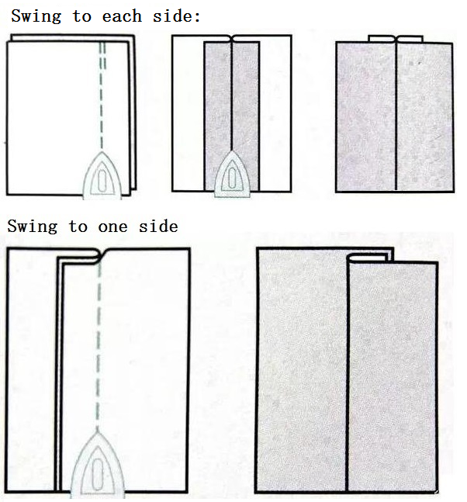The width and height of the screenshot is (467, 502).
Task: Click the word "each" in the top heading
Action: (x=122, y=16)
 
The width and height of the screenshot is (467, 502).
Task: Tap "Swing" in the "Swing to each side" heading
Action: (x=36, y=16)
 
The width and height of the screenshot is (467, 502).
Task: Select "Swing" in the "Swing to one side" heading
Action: (x=33, y=227)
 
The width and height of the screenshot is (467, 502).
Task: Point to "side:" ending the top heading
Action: (x=176, y=16)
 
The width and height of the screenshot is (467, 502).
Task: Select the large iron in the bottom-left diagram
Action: (x=97, y=465)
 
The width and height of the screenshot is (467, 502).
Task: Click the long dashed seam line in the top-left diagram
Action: (x=102, y=95)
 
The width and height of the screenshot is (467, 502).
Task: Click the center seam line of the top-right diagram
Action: (x=396, y=116)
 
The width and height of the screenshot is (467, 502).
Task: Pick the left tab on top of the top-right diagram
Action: (x=382, y=39)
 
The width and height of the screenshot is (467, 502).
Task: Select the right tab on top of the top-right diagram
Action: (x=410, y=39)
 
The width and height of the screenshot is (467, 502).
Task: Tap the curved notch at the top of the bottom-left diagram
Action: (x=100, y=255)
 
